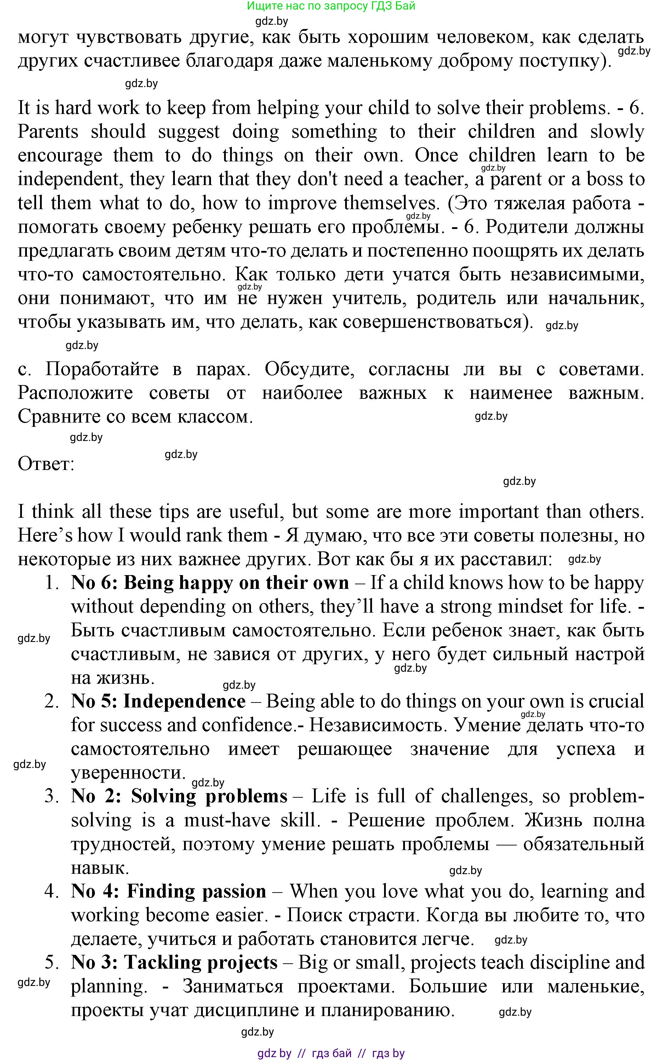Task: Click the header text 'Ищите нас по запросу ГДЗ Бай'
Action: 331,6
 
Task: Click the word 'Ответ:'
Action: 46,464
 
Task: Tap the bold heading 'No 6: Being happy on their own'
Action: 210,583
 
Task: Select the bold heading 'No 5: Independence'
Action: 158,701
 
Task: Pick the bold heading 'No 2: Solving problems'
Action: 179,796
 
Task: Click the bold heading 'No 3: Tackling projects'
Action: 174,962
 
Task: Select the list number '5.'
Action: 52,962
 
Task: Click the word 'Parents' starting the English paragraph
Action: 48,132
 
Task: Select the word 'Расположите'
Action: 75,393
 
